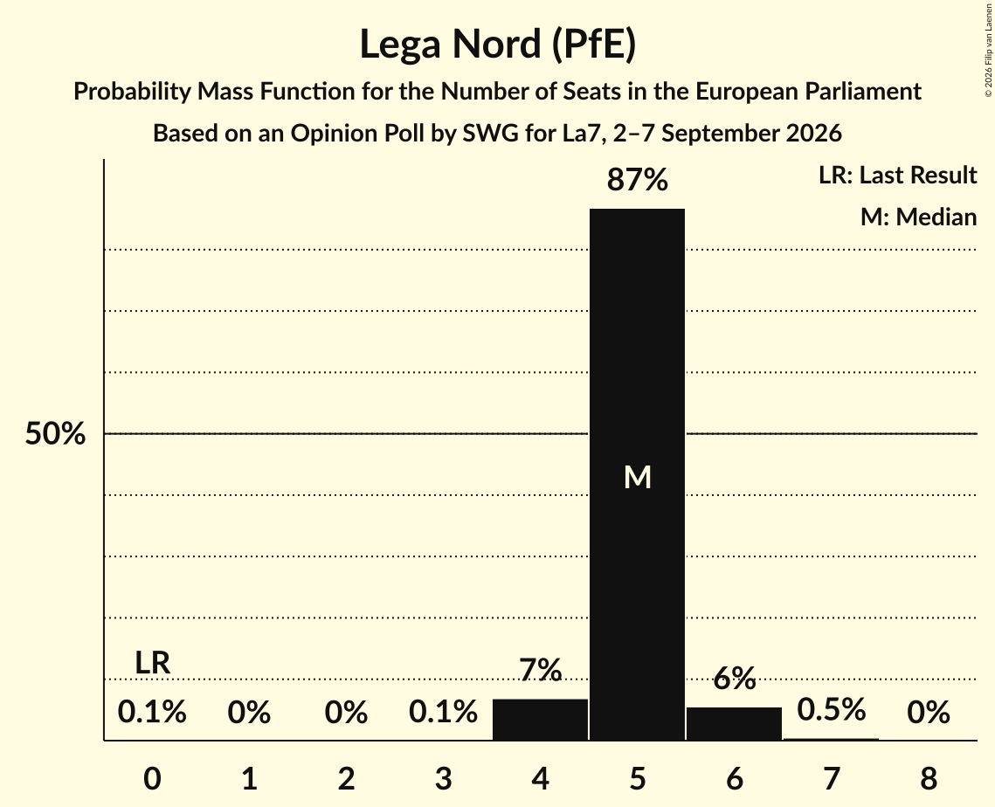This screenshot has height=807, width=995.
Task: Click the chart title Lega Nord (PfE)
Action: [498, 45]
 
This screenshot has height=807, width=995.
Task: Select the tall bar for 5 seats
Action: [637, 474]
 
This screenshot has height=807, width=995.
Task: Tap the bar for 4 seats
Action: [540, 720]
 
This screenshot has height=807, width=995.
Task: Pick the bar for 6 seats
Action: [734, 723]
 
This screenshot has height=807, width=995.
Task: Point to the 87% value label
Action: [637, 180]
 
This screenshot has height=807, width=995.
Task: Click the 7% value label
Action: [540, 670]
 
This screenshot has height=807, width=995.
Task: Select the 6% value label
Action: [734, 679]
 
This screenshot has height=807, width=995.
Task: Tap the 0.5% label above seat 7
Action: [832, 710]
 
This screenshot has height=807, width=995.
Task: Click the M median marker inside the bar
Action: [637, 477]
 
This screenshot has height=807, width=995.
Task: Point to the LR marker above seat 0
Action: [152, 663]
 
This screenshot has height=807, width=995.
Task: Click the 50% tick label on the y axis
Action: [55, 434]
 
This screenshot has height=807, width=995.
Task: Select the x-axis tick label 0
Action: [152, 778]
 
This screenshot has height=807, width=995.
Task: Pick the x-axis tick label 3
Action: [443, 778]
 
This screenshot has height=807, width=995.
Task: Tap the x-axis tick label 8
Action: [929, 778]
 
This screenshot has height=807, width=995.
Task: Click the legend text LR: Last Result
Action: [897, 175]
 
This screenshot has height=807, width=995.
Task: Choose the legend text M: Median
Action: [918, 217]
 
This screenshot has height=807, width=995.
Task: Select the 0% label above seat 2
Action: [346, 713]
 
